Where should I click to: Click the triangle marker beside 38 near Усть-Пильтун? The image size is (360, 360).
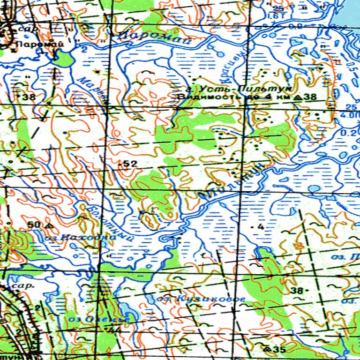(x=299, y=97)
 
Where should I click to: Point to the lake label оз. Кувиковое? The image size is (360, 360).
(x=202, y=298)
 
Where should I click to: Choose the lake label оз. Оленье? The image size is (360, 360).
(x=98, y=319)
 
